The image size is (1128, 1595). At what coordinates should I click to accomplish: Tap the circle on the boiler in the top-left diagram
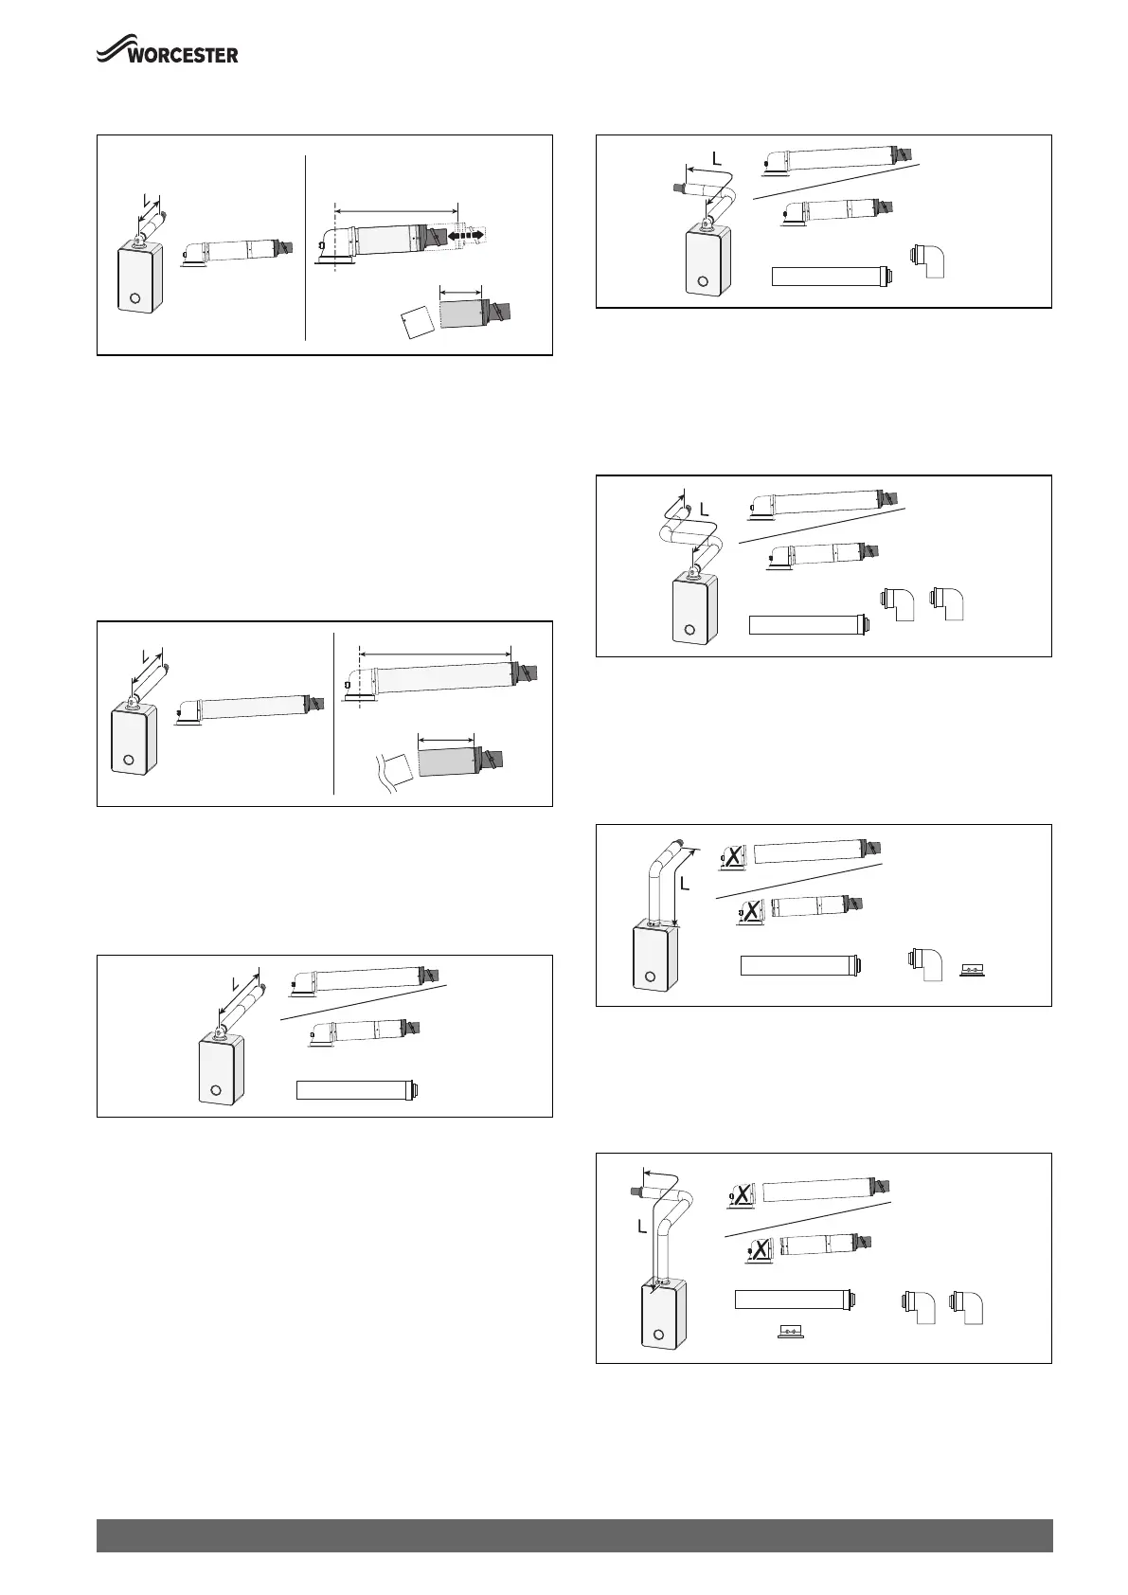135,298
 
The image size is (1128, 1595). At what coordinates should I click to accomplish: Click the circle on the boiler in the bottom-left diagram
216,1090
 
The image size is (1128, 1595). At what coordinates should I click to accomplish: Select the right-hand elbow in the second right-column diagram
948,602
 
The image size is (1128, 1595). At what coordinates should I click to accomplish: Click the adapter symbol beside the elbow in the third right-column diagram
972,970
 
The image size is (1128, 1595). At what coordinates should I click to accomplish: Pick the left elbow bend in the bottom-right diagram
918,1307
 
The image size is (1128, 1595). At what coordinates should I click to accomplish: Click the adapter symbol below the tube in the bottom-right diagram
790,1331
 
